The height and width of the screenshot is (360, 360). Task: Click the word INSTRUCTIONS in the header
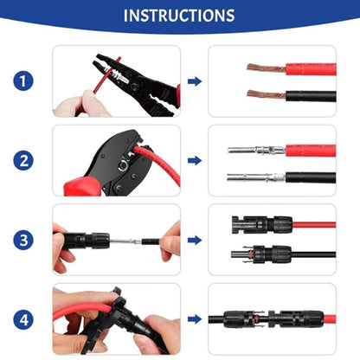point(179,16)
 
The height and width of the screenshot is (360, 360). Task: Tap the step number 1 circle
point(23,81)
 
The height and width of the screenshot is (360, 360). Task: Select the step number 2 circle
point(23,160)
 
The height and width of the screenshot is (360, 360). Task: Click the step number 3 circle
point(23,240)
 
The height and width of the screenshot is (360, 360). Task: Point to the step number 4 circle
point(23,318)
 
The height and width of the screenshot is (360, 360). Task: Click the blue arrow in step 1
point(195,81)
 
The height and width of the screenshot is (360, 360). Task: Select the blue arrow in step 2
point(195,160)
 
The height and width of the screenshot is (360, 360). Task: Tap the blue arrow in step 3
point(195,240)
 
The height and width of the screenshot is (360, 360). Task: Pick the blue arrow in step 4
point(195,318)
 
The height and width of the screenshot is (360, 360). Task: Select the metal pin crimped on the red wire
point(255,150)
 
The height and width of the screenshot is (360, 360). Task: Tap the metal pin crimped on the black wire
point(255,177)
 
